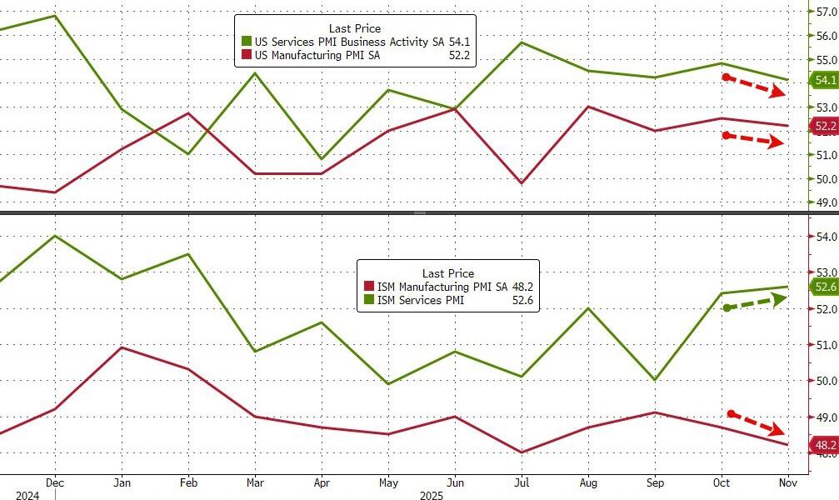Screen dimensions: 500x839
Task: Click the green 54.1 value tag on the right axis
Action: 823,81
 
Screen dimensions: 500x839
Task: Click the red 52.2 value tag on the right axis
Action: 823,127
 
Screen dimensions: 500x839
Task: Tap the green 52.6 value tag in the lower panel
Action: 823,287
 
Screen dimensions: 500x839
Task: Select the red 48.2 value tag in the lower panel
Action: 823,446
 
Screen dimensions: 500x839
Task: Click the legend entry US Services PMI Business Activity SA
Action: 358,41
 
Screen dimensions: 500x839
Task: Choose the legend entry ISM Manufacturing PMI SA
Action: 442,287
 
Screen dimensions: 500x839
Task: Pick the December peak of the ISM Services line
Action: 55,236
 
